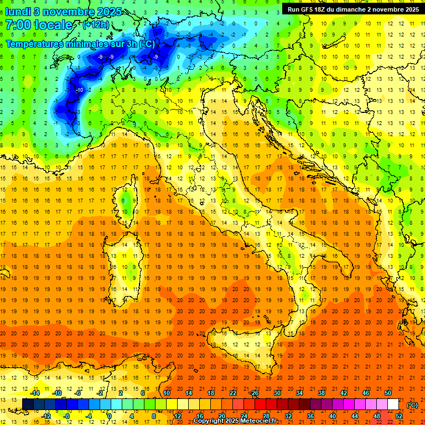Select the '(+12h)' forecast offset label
click(x=96, y=25)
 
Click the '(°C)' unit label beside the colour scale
click(x=412, y=406)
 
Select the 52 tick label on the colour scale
click(x=399, y=416)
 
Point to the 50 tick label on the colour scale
click(x=388, y=392)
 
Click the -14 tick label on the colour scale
click(x=37, y=392)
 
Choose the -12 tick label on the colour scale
click(x=46, y=416)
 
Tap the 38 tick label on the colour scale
click(x=322, y=392)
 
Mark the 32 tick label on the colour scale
click(x=288, y=416)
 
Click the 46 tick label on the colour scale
click(x=366, y=392)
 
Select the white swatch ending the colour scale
click(x=393, y=404)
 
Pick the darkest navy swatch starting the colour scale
click(x=28, y=404)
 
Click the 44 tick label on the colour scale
click(x=355, y=416)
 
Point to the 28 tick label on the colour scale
click(x=266, y=416)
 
